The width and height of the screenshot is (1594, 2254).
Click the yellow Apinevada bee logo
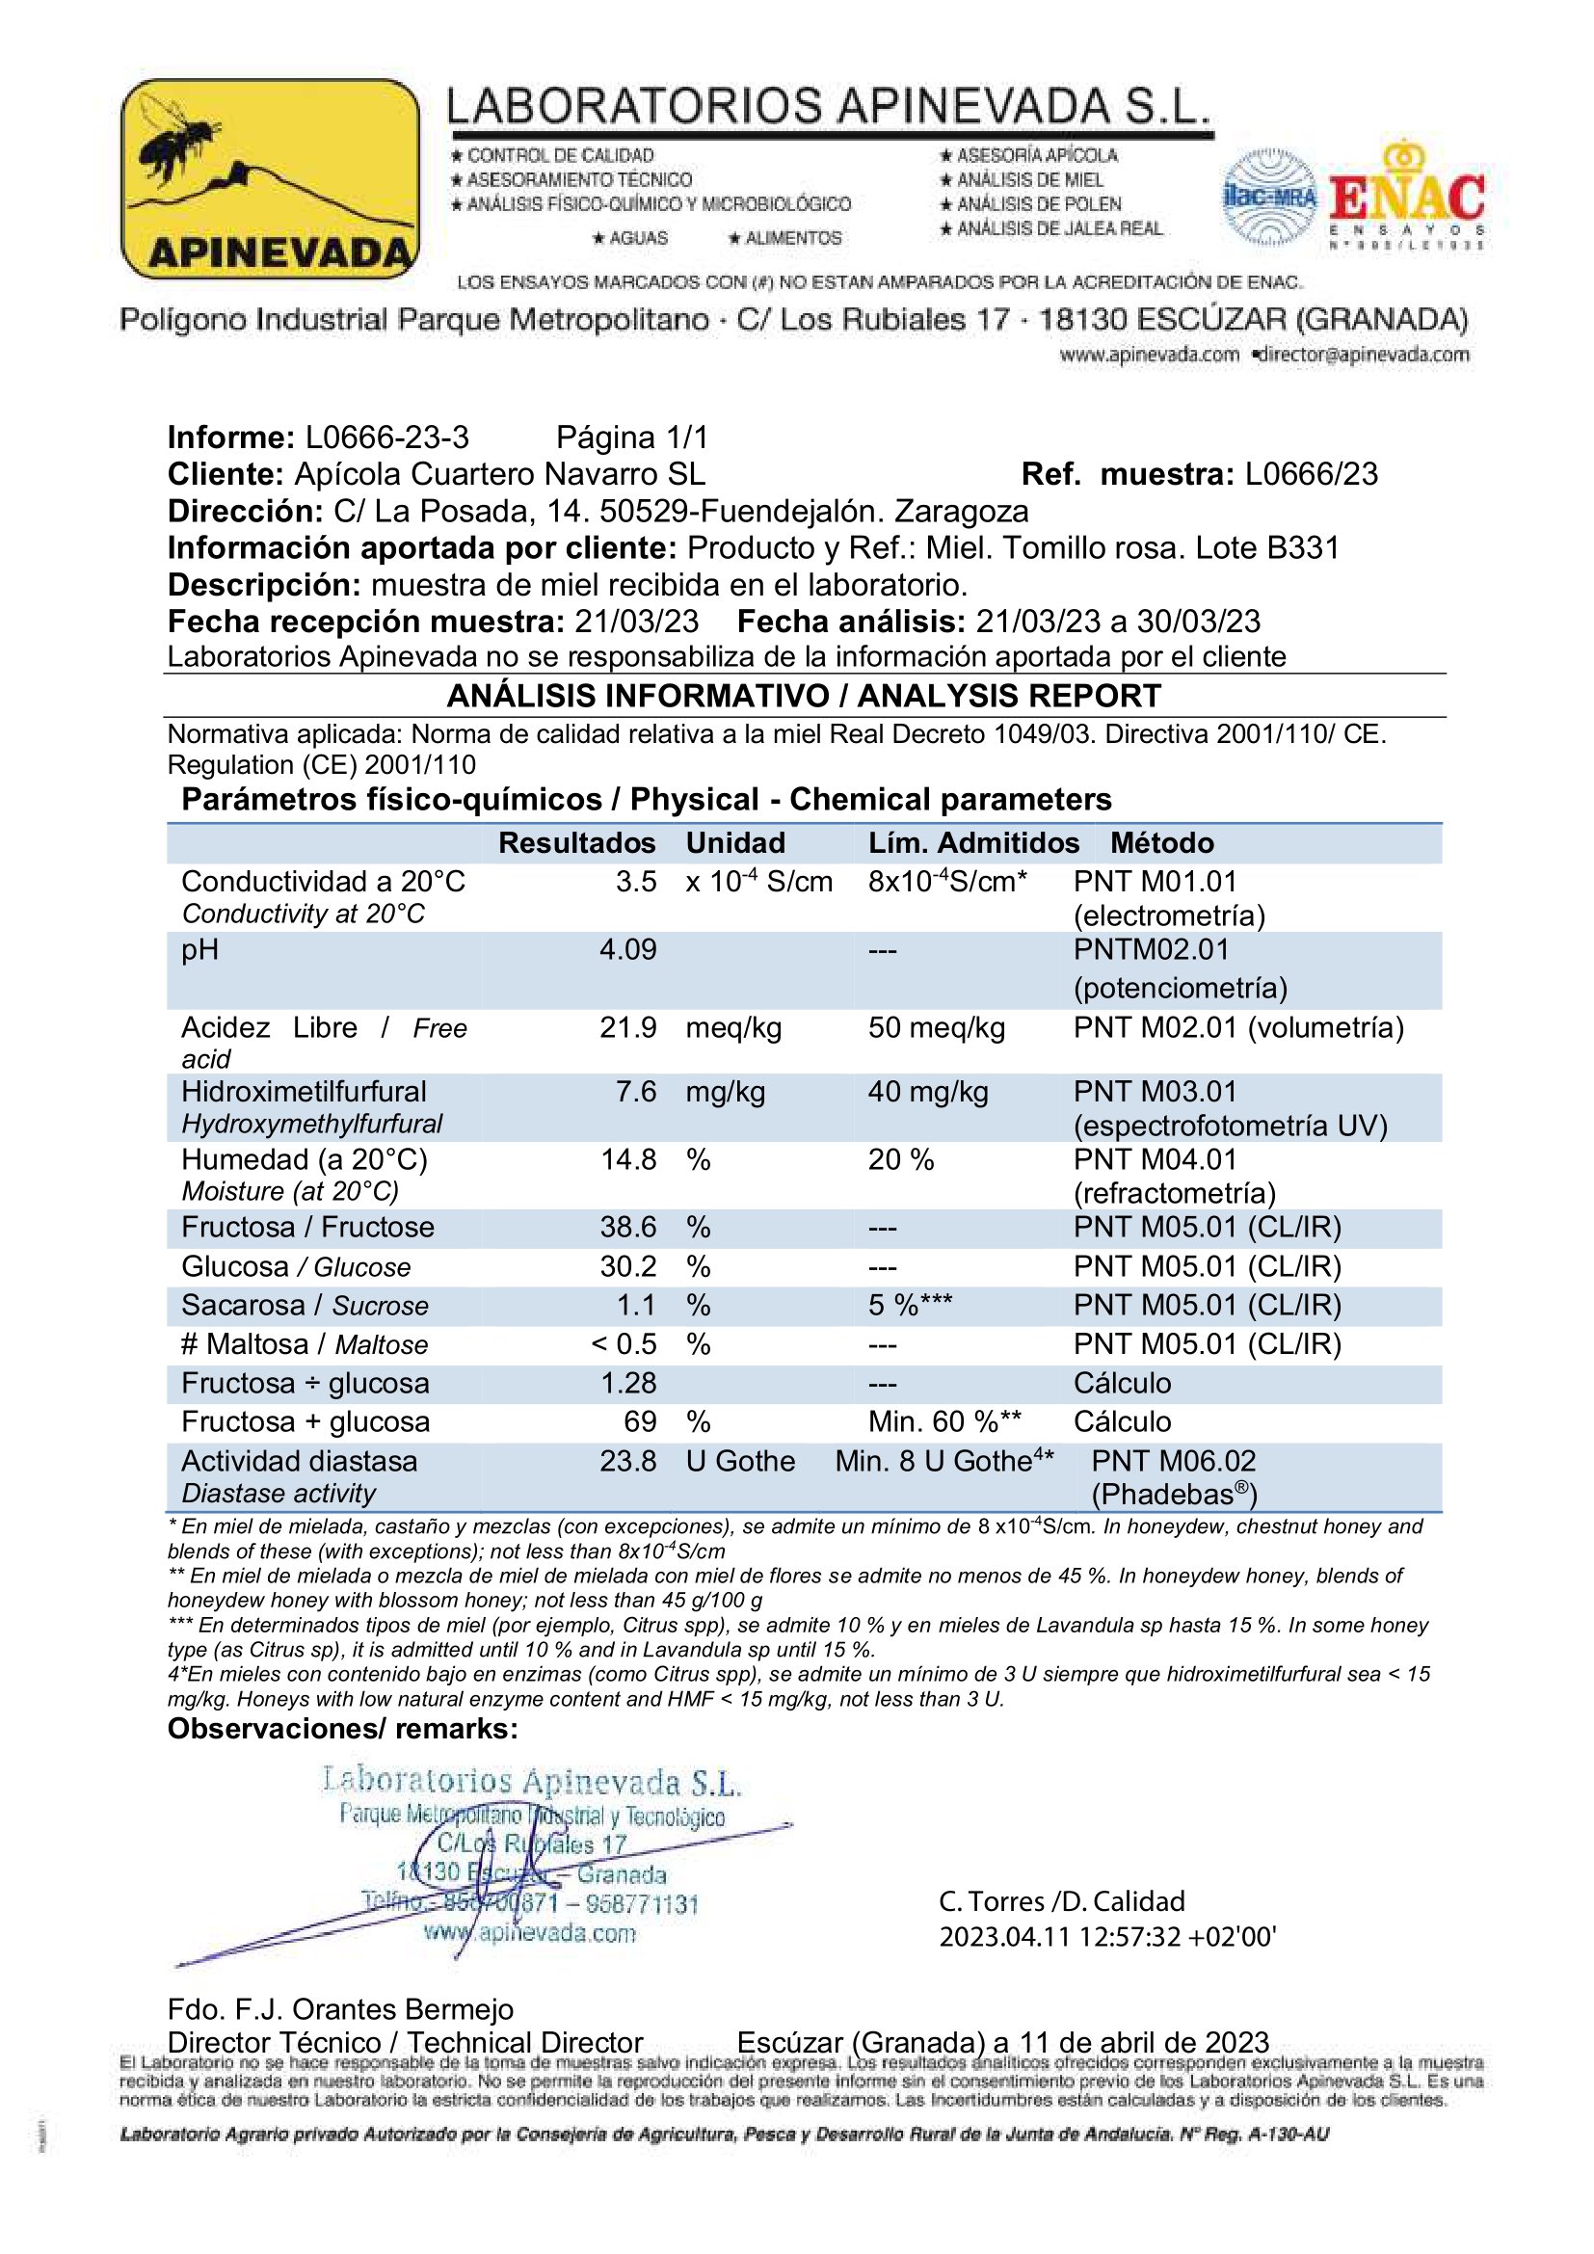[270, 178]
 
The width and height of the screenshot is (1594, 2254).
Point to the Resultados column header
[576, 842]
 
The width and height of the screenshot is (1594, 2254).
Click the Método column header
[1161, 842]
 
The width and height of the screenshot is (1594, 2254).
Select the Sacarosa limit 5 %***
[909, 1305]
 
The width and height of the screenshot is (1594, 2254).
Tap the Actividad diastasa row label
[299, 1461]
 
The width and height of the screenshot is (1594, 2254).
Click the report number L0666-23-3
[386, 437]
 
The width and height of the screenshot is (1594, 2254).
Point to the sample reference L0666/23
[1311, 474]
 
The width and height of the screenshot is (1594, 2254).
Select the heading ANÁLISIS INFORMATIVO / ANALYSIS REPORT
[803, 695]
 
